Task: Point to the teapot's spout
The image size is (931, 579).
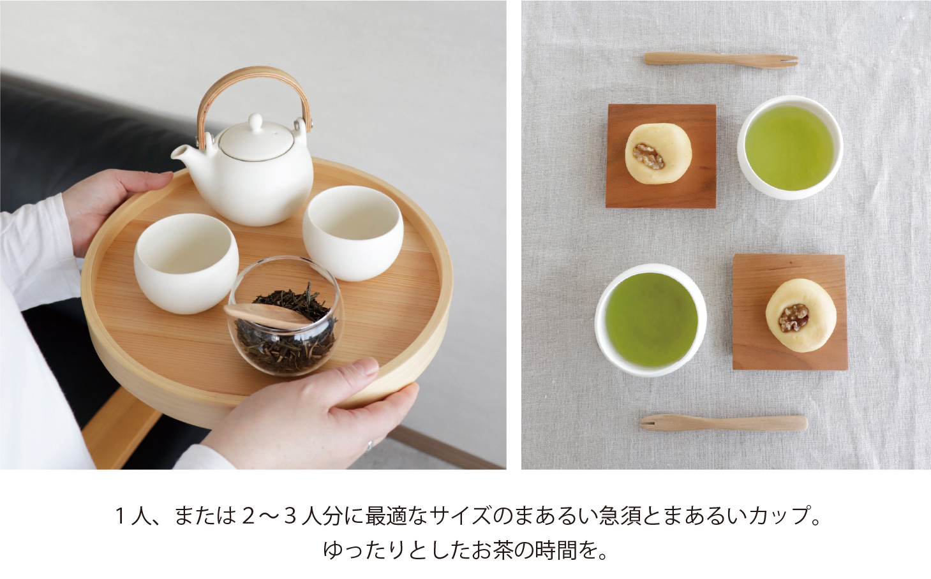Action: click(x=182, y=154)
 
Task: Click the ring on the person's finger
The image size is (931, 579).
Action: click(x=369, y=446)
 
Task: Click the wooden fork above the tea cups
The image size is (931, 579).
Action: click(x=720, y=59)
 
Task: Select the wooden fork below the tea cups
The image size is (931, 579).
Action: click(x=723, y=422)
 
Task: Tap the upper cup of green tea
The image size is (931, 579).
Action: click(x=790, y=147)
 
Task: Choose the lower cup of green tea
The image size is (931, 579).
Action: click(x=650, y=320)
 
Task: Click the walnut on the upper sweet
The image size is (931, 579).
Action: click(x=648, y=156)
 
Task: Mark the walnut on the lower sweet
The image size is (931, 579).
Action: click(x=793, y=318)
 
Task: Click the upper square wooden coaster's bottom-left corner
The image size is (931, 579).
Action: click(x=606, y=206)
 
